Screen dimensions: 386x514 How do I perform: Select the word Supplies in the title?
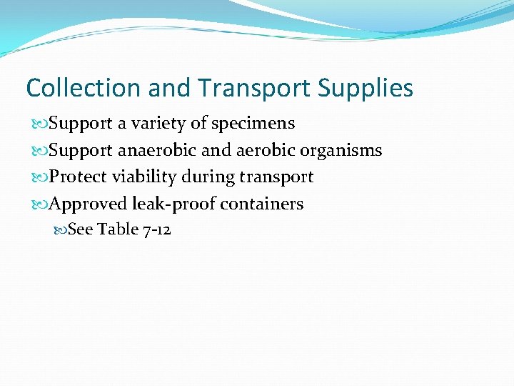pyautogui.click(x=366, y=88)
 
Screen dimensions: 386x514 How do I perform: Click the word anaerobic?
pyautogui.click(x=151, y=150)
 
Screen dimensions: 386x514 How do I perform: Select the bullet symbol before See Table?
pyautogui.click(x=60, y=230)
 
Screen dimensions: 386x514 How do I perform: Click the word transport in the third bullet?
pyautogui.click(x=278, y=177)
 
